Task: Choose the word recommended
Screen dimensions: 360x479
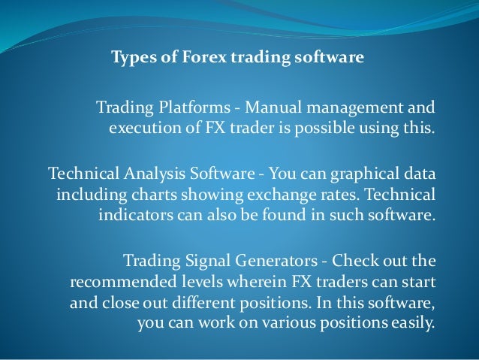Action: coord(121,285)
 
